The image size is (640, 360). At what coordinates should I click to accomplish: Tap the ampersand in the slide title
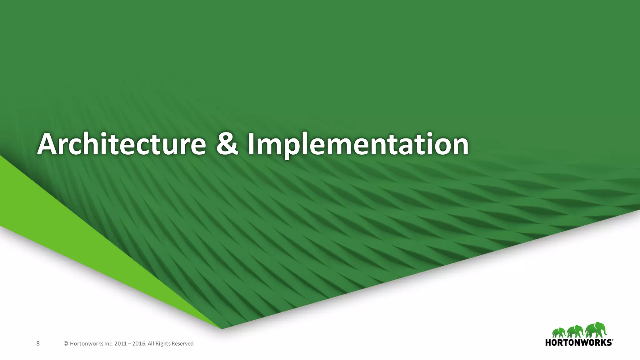(x=227, y=144)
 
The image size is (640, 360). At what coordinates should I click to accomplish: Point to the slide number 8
(x=38, y=344)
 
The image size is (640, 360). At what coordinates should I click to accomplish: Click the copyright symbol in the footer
(x=66, y=344)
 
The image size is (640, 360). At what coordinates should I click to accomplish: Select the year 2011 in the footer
(x=121, y=344)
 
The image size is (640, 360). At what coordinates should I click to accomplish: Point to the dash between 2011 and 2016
(x=130, y=344)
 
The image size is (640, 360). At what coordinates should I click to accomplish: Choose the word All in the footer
(x=151, y=344)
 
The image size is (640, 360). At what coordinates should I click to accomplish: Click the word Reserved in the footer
(x=182, y=344)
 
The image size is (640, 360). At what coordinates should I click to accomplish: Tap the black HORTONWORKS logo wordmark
(x=578, y=342)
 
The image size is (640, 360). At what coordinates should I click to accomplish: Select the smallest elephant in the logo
(x=559, y=333)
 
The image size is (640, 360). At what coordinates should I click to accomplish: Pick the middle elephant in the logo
(x=575, y=331)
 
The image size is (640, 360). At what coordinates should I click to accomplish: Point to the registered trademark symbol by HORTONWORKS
(x=613, y=340)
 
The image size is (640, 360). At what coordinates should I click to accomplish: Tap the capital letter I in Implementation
(x=251, y=144)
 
